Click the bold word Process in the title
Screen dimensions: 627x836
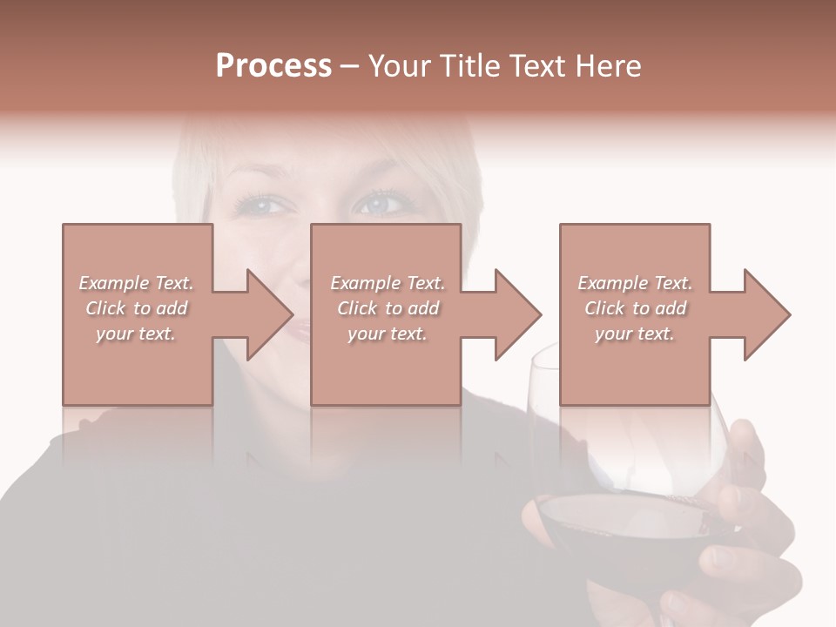[273, 66]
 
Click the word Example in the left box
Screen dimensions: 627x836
[114, 283]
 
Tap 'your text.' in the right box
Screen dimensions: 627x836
[635, 334]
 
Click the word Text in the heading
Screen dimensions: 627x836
[540, 66]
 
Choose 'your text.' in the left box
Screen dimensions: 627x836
[135, 334]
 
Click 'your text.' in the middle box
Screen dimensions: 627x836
[387, 334]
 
